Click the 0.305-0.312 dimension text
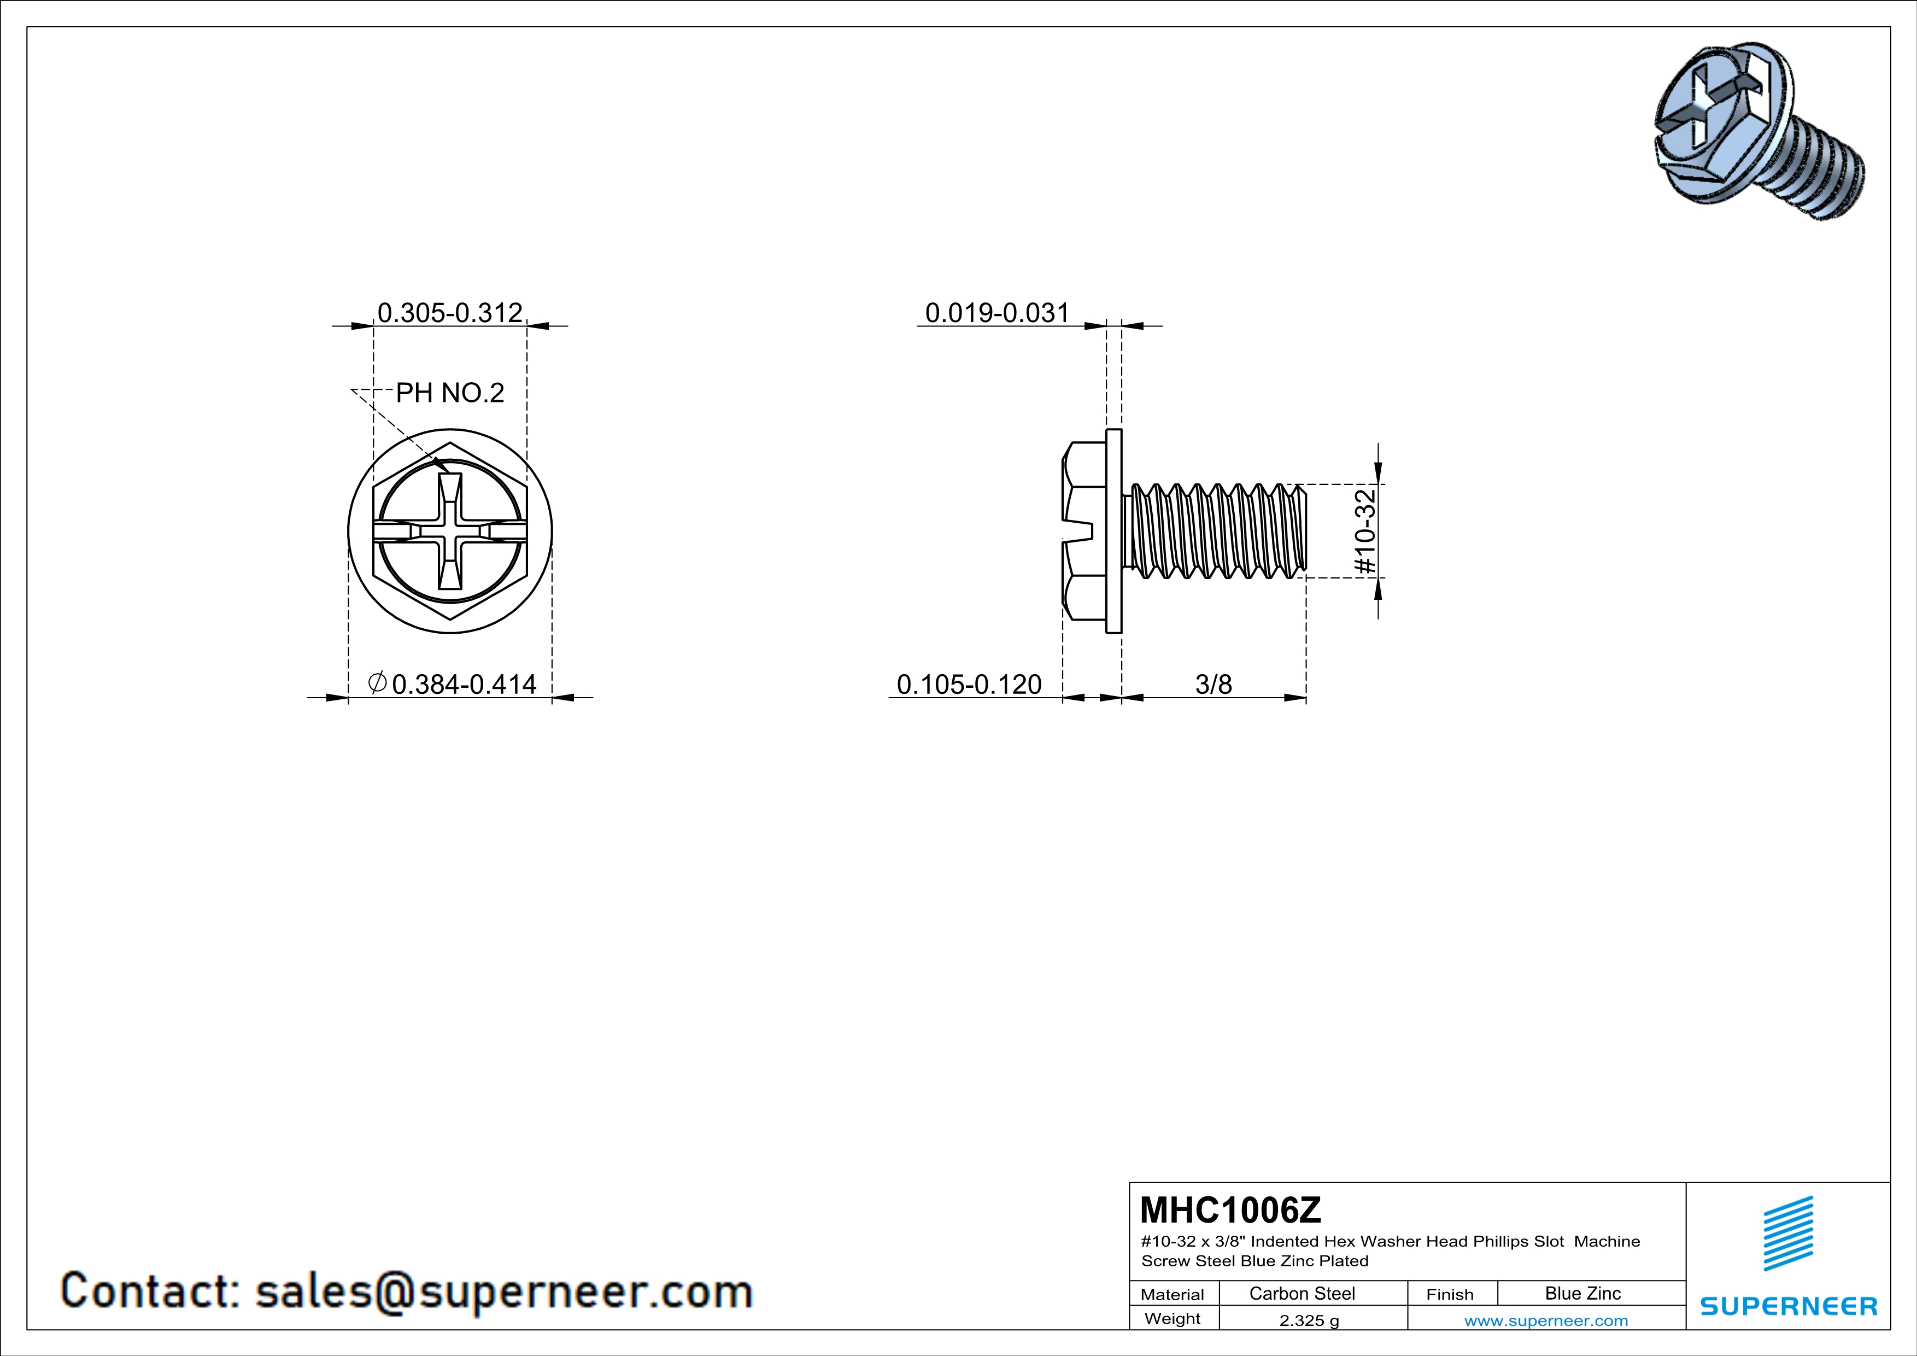pos(449,313)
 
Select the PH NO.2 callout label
pos(449,393)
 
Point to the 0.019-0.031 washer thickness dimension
pos(997,313)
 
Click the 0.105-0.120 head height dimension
pos(969,685)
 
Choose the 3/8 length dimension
pos(1213,685)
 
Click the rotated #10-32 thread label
pos(1364,532)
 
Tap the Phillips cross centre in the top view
pos(450,531)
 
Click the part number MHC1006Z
pos(1230,1210)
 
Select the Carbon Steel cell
pos(1302,1293)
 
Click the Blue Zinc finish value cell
pos(1582,1293)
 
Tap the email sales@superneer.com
pos(503,1291)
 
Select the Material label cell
pos(1173,1294)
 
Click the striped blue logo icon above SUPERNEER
pos(1787,1234)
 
